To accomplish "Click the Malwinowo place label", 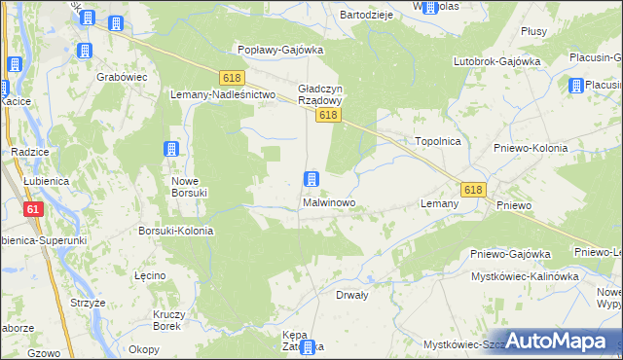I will point(328,204).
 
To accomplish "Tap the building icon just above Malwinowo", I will point(311,179).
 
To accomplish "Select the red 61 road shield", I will point(34,209).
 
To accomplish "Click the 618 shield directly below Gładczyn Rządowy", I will point(327,116).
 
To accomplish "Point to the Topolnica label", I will point(437,141).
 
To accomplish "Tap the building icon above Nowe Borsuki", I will point(172,149).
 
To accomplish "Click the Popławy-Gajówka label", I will point(280,50).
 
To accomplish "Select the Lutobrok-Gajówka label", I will point(496,61).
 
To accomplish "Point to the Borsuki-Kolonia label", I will point(175,232).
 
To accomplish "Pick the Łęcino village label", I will point(150,275).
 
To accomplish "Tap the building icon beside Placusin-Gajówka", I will point(574,86).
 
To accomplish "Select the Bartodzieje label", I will point(365,16).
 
